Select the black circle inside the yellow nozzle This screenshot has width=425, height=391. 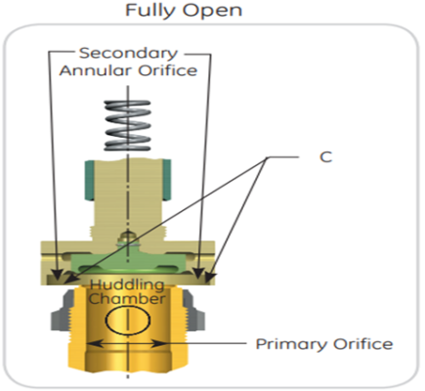click(127, 322)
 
